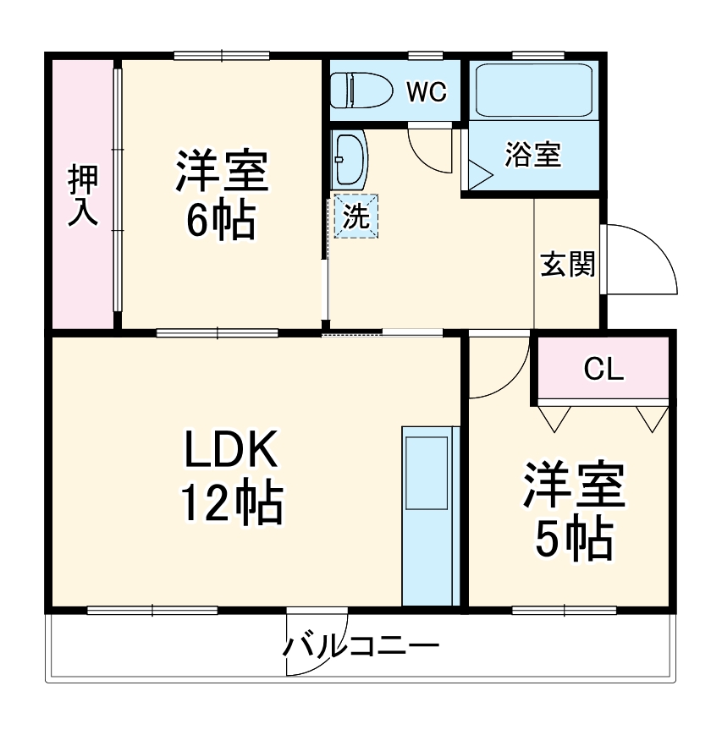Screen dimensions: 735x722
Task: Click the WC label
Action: (427, 92)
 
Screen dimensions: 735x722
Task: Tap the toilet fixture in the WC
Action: (359, 91)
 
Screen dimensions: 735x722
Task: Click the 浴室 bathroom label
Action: (533, 155)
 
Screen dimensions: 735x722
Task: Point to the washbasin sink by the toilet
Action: (350, 160)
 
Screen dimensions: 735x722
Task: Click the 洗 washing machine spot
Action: (355, 217)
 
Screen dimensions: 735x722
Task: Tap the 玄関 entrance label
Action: (568, 265)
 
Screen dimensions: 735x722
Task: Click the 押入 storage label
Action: (83, 195)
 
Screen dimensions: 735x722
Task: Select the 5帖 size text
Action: (573, 537)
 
